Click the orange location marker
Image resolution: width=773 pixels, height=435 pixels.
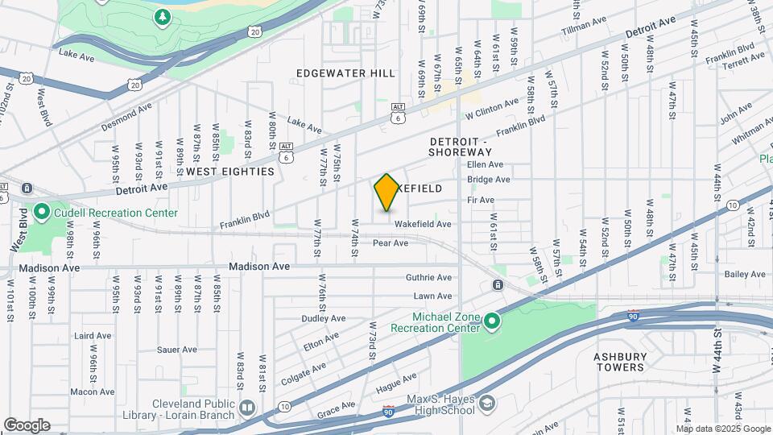pyautogui.click(x=386, y=192)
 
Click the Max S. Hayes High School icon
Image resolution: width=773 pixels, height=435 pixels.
pyautogui.click(x=486, y=403)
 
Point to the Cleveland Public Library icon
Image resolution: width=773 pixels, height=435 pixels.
pyautogui.click(x=246, y=409)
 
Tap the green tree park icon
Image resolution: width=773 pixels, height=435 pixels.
pyautogui.click(x=163, y=16)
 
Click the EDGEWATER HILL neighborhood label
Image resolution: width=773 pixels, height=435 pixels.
pyautogui.click(x=345, y=73)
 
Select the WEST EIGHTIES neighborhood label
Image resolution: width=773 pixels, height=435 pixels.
pyautogui.click(x=230, y=172)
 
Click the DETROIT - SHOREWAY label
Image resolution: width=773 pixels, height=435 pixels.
pyautogui.click(x=460, y=147)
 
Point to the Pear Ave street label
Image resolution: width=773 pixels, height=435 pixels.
pyautogui.click(x=391, y=242)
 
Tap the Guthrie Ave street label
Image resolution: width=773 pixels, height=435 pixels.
pyautogui.click(x=428, y=277)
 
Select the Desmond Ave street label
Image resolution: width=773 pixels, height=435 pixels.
pyautogui.click(x=126, y=118)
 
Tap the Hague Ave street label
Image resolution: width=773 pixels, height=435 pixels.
pyautogui.click(x=396, y=383)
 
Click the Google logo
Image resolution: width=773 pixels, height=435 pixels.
pyautogui.click(x=27, y=425)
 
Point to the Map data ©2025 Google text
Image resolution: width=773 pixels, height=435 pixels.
pyautogui.click(x=723, y=429)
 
